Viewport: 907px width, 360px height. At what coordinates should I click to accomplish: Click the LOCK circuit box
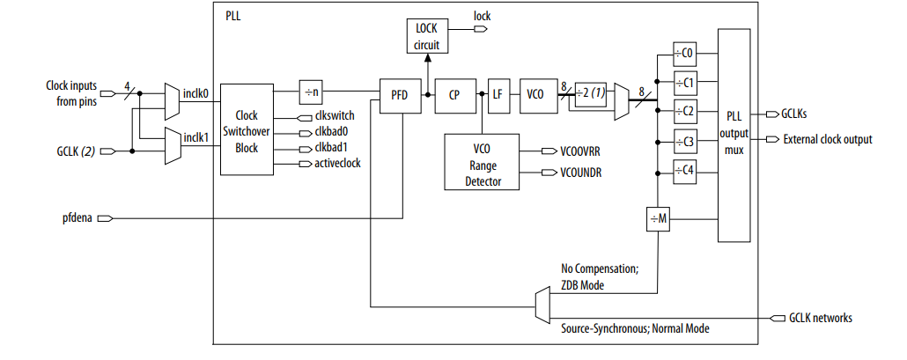tap(425, 36)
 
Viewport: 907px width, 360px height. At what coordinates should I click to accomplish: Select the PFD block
tap(401, 95)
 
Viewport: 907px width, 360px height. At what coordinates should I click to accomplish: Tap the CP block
tap(454, 95)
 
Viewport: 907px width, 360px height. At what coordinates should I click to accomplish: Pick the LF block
tap(498, 95)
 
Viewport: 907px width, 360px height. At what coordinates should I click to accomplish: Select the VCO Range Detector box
tap(483, 162)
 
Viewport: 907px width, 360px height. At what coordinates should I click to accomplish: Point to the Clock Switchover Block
tap(247, 131)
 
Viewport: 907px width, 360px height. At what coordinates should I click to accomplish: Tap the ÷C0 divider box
tap(684, 53)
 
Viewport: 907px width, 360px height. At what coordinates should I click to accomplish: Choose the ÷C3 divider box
tap(684, 142)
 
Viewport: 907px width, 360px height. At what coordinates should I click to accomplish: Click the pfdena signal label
tap(77, 217)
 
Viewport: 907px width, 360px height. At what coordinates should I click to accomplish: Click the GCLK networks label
tap(820, 318)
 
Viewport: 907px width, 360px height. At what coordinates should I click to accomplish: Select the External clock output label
tap(827, 139)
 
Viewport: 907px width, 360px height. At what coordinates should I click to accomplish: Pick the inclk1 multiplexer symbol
tap(173, 145)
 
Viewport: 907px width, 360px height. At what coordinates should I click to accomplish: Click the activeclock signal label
tap(336, 163)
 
